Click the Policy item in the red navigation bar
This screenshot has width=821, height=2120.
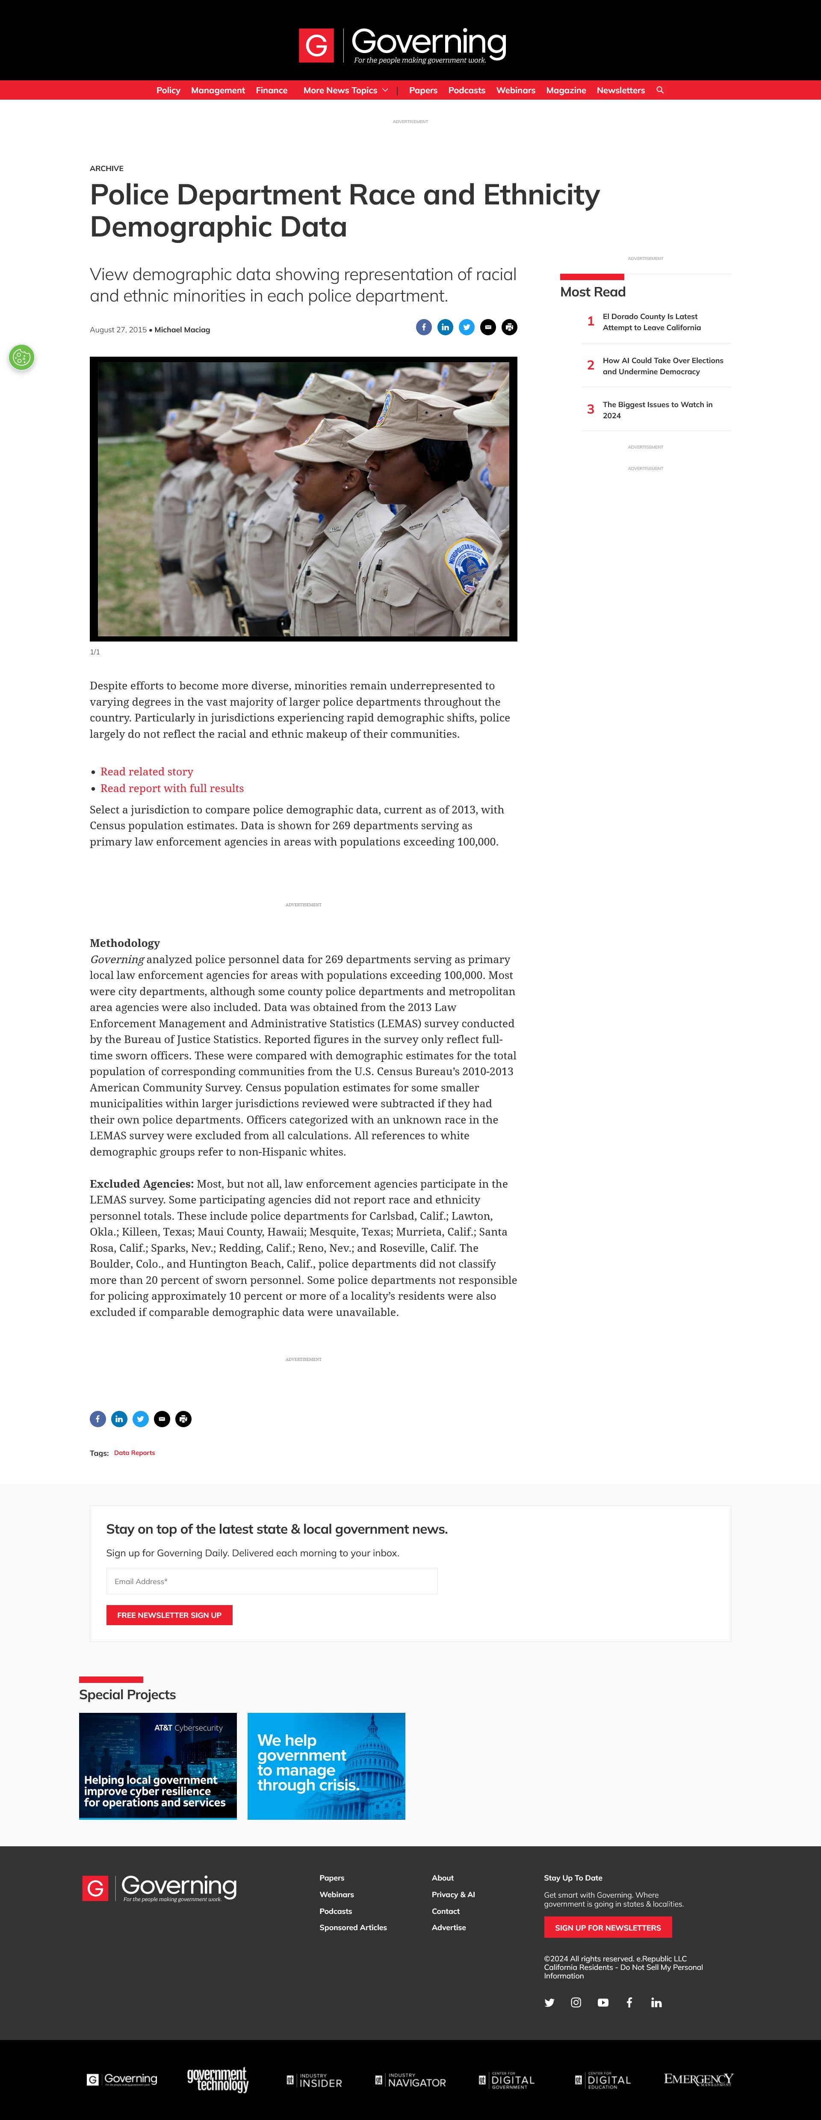pyautogui.click(x=168, y=91)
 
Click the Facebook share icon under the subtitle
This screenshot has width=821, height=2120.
pyautogui.click(x=424, y=328)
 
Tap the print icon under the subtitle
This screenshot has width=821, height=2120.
pyautogui.click(x=509, y=328)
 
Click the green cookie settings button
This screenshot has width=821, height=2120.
pyautogui.click(x=21, y=357)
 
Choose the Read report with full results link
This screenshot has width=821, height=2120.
pyautogui.click(x=172, y=788)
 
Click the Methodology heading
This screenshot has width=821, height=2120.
pyautogui.click(x=124, y=943)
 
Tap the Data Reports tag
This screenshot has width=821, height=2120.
pyautogui.click(x=134, y=1452)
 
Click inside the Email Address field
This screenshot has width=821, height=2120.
pyautogui.click(x=272, y=1581)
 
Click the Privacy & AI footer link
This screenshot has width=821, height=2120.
pyautogui.click(x=452, y=1895)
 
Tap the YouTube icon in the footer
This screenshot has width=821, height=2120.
pyautogui.click(x=603, y=2002)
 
